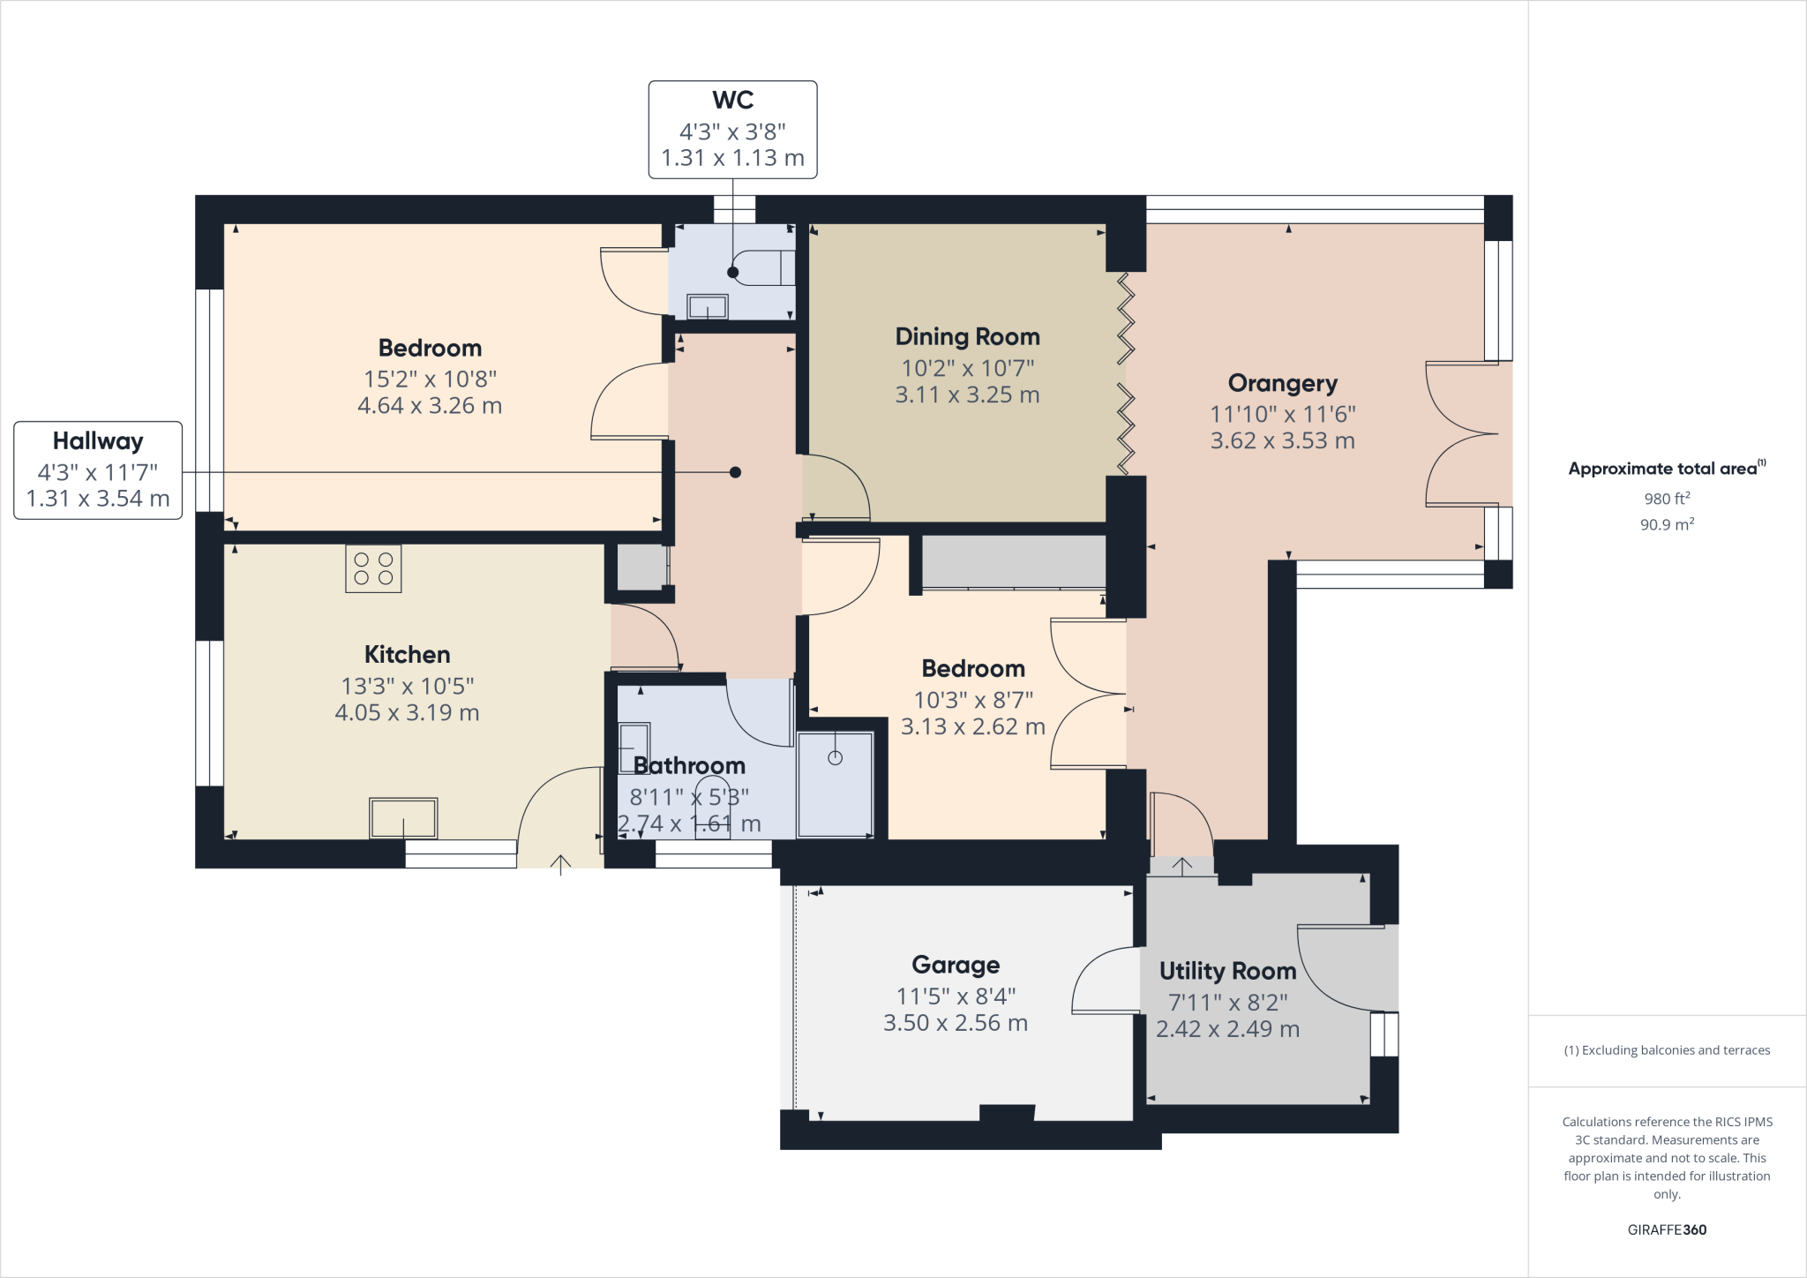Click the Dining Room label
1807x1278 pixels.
click(x=967, y=336)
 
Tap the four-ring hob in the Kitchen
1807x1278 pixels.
click(x=373, y=568)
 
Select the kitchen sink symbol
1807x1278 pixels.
click(x=403, y=818)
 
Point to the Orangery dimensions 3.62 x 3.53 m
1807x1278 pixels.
click(x=1282, y=440)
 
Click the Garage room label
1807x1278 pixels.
click(x=956, y=965)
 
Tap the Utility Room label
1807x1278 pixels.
click(x=1227, y=971)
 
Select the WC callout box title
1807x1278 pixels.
click(x=732, y=101)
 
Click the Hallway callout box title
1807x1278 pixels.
click(x=97, y=440)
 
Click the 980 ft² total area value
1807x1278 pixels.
click(x=1667, y=499)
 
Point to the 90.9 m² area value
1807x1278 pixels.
click(x=1667, y=524)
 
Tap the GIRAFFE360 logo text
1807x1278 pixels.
click(x=1667, y=1229)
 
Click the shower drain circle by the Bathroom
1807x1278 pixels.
click(x=835, y=757)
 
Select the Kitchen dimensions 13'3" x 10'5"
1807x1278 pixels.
click(x=407, y=686)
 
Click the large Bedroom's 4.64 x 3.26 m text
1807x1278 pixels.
click(x=430, y=406)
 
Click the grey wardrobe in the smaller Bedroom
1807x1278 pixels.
click(x=1013, y=561)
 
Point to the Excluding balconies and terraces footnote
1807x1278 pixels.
click(x=1667, y=1050)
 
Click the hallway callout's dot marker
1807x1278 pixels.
click(x=735, y=472)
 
